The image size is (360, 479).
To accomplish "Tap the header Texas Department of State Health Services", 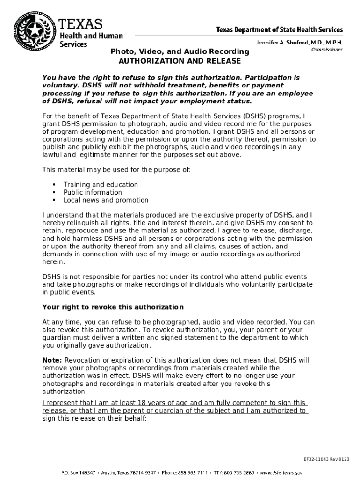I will pyautogui.click(x=279, y=29).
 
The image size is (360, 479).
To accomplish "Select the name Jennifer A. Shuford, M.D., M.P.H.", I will pyautogui.click(x=299, y=43).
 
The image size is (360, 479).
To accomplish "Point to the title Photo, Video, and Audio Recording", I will pyautogui.click(x=180, y=51).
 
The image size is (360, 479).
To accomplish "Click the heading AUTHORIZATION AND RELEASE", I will pyautogui.click(x=180, y=61).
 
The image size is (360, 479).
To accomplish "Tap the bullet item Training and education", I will pyautogui.click(x=101, y=185).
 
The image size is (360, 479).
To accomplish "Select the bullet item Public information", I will pyautogui.click(x=93, y=192).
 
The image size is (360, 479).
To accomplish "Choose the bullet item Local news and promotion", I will pyautogui.click(x=106, y=200).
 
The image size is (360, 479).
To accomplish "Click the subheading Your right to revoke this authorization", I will pyautogui.click(x=113, y=307).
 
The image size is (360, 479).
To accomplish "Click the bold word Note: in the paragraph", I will pyautogui.click(x=52, y=360).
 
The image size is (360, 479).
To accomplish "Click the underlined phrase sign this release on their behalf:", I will pyautogui.click(x=95, y=419).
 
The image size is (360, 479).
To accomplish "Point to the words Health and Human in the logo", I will pyautogui.click(x=91, y=36).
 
